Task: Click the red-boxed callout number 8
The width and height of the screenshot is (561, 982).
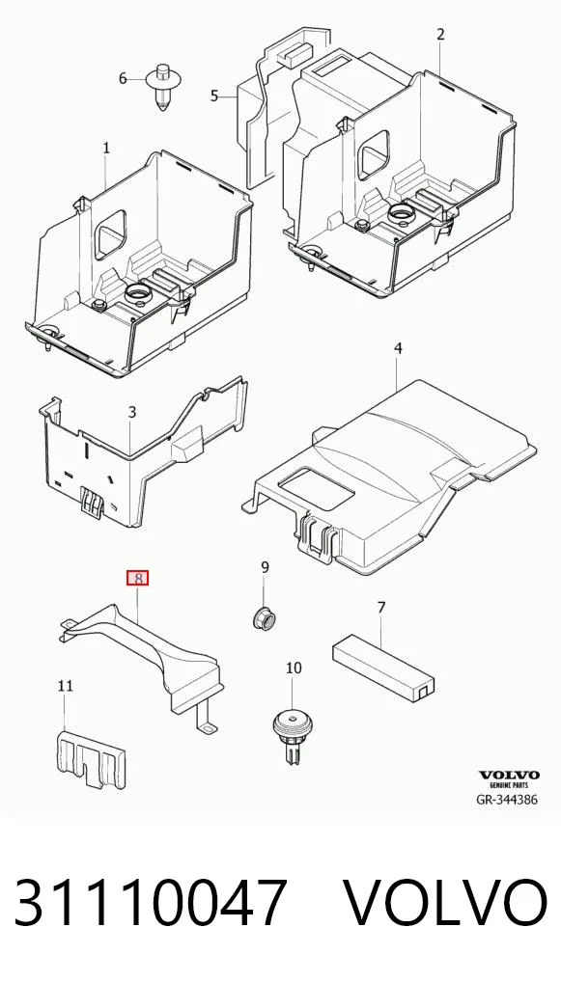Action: tap(137, 578)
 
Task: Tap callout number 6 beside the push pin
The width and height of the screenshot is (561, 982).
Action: tap(123, 78)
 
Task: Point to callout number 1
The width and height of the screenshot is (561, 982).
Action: tap(106, 149)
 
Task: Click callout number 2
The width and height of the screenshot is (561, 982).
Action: tap(440, 35)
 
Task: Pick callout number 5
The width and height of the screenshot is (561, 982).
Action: tap(214, 95)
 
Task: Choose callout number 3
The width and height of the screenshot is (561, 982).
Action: tap(131, 412)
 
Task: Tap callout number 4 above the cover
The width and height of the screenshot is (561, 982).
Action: tap(398, 348)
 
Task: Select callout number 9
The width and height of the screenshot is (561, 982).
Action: tap(265, 567)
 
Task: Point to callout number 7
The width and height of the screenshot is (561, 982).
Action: tap(381, 607)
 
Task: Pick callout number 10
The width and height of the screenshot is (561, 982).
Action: tap(294, 668)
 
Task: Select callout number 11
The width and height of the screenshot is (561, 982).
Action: tap(66, 686)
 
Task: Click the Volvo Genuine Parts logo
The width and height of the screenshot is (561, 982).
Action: tap(509, 779)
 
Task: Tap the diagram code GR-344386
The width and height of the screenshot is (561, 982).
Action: tap(507, 799)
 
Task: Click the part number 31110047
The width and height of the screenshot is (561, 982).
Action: tap(151, 903)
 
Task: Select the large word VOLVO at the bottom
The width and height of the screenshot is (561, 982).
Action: tap(445, 903)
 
